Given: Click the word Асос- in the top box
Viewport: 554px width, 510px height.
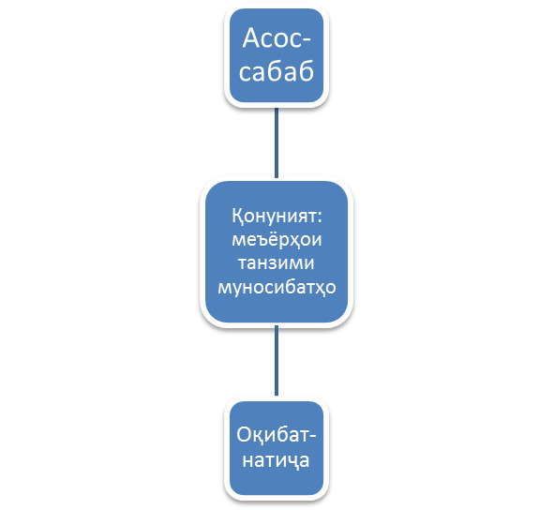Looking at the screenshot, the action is pyautogui.click(x=277, y=37).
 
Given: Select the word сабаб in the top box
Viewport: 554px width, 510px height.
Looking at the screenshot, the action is pyautogui.click(x=277, y=71).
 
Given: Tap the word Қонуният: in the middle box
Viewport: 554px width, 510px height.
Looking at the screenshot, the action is pyautogui.click(x=277, y=216).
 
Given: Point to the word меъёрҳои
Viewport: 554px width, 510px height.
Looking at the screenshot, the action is pyautogui.click(x=277, y=239).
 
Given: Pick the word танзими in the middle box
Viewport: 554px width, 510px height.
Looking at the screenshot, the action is pyautogui.click(x=277, y=263).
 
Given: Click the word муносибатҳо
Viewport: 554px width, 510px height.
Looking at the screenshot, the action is pyautogui.click(x=277, y=287).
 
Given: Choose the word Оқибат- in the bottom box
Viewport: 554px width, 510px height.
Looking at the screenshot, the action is pyautogui.click(x=277, y=435).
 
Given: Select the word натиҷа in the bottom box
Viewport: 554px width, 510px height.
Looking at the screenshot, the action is pyautogui.click(x=276, y=460).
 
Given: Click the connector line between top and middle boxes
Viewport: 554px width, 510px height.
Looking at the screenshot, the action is pyautogui.click(x=277, y=142).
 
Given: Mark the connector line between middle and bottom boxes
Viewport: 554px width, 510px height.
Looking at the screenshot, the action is pyautogui.click(x=277, y=361).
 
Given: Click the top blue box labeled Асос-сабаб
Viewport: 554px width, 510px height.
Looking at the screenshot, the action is pyautogui.click(x=277, y=55).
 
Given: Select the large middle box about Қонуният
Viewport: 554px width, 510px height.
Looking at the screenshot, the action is pyautogui.click(x=277, y=251).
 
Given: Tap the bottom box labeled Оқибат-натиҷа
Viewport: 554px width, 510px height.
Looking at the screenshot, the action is pyautogui.click(x=277, y=448).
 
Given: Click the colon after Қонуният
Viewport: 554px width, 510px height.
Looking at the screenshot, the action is pyautogui.click(x=320, y=217).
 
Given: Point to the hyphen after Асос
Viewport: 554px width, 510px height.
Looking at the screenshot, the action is pyautogui.click(x=307, y=40).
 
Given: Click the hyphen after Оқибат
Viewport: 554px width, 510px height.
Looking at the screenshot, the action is pyautogui.click(x=312, y=437).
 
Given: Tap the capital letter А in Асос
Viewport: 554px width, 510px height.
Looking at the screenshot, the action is pyautogui.click(x=252, y=37).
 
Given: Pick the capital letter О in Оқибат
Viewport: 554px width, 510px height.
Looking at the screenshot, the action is pyautogui.click(x=244, y=435).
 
